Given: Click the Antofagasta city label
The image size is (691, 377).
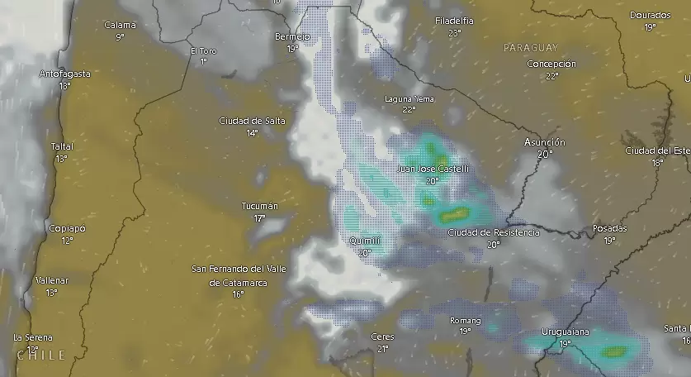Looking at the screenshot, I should tap(65, 74).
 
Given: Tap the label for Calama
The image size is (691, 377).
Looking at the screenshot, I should tap(120, 25).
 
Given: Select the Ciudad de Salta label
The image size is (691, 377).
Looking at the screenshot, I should tap(252, 121).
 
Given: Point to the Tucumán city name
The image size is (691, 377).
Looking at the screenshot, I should tap(259, 206).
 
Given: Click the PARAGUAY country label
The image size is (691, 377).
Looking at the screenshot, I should tap(530, 48).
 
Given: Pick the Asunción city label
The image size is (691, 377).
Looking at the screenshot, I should tap(544, 142).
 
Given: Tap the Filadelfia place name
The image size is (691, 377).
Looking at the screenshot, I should tap(454, 21).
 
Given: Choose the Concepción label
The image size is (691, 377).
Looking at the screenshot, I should tap(551, 64).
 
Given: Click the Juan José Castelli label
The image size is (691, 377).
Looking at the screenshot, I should tap(433, 169).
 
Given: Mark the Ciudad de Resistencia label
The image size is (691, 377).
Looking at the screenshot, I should tap(493, 232).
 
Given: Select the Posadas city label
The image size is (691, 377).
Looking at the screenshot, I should tap(609, 228).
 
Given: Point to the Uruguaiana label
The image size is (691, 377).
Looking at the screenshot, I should tap(565, 332).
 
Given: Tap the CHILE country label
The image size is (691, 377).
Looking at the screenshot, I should tap(40, 355).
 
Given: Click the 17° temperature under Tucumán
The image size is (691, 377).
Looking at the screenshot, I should tap(259, 218).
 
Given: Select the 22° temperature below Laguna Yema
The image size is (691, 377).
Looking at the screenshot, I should tap(409, 109).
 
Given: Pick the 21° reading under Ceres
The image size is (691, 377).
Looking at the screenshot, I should tap(382, 349).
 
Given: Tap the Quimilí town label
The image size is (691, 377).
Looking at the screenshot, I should tap(364, 241).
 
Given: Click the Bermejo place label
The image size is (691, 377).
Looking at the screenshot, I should tap(292, 37).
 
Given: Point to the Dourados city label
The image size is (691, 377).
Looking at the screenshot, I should tap(650, 15).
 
